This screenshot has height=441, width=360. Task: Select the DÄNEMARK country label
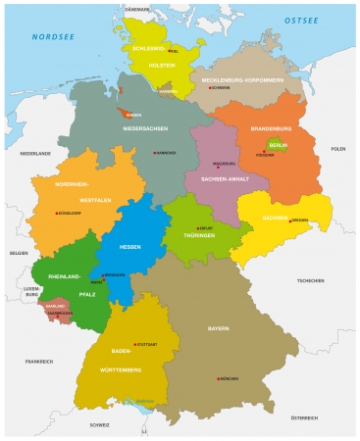click(136, 9)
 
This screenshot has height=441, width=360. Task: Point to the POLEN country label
click(337, 149)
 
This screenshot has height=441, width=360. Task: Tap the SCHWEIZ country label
click(99, 424)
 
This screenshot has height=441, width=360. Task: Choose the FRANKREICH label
click(39, 362)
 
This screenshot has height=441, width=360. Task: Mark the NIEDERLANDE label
click(35, 154)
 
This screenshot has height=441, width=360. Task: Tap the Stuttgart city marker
click(134, 345)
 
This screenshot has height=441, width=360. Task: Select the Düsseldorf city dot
click(56, 213)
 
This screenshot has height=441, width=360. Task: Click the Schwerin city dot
click(206, 87)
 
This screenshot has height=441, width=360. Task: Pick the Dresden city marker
click(290, 220)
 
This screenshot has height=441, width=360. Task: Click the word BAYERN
click(218, 329)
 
